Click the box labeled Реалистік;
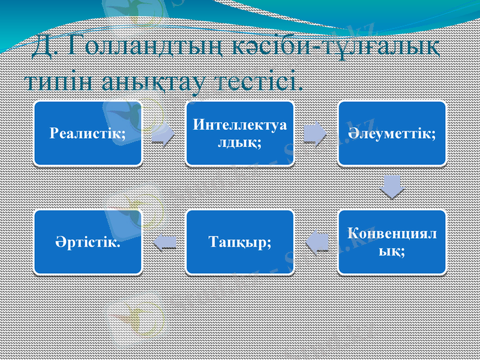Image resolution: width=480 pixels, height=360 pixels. pyautogui.click(x=88, y=133)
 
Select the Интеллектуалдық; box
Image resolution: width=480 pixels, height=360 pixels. pyautogui.click(x=239, y=133)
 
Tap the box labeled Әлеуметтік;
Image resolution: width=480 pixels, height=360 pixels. pyautogui.click(x=392, y=133)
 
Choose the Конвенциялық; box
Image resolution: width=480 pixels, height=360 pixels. pyautogui.click(x=392, y=242)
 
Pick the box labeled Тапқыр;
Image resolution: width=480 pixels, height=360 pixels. pyautogui.click(x=239, y=242)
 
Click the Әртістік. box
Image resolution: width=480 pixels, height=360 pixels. pyautogui.click(x=88, y=242)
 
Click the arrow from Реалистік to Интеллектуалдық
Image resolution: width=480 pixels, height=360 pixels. pyautogui.click(x=163, y=134)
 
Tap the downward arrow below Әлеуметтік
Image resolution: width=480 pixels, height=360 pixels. pyautogui.click(x=392, y=187)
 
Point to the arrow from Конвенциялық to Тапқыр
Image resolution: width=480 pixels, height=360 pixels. pyautogui.click(x=316, y=242)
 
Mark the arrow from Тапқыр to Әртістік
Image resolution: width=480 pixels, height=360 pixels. pyautogui.click(x=164, y=242)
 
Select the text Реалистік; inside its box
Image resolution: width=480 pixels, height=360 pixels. pyautogui.click(x=88, y=133)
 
